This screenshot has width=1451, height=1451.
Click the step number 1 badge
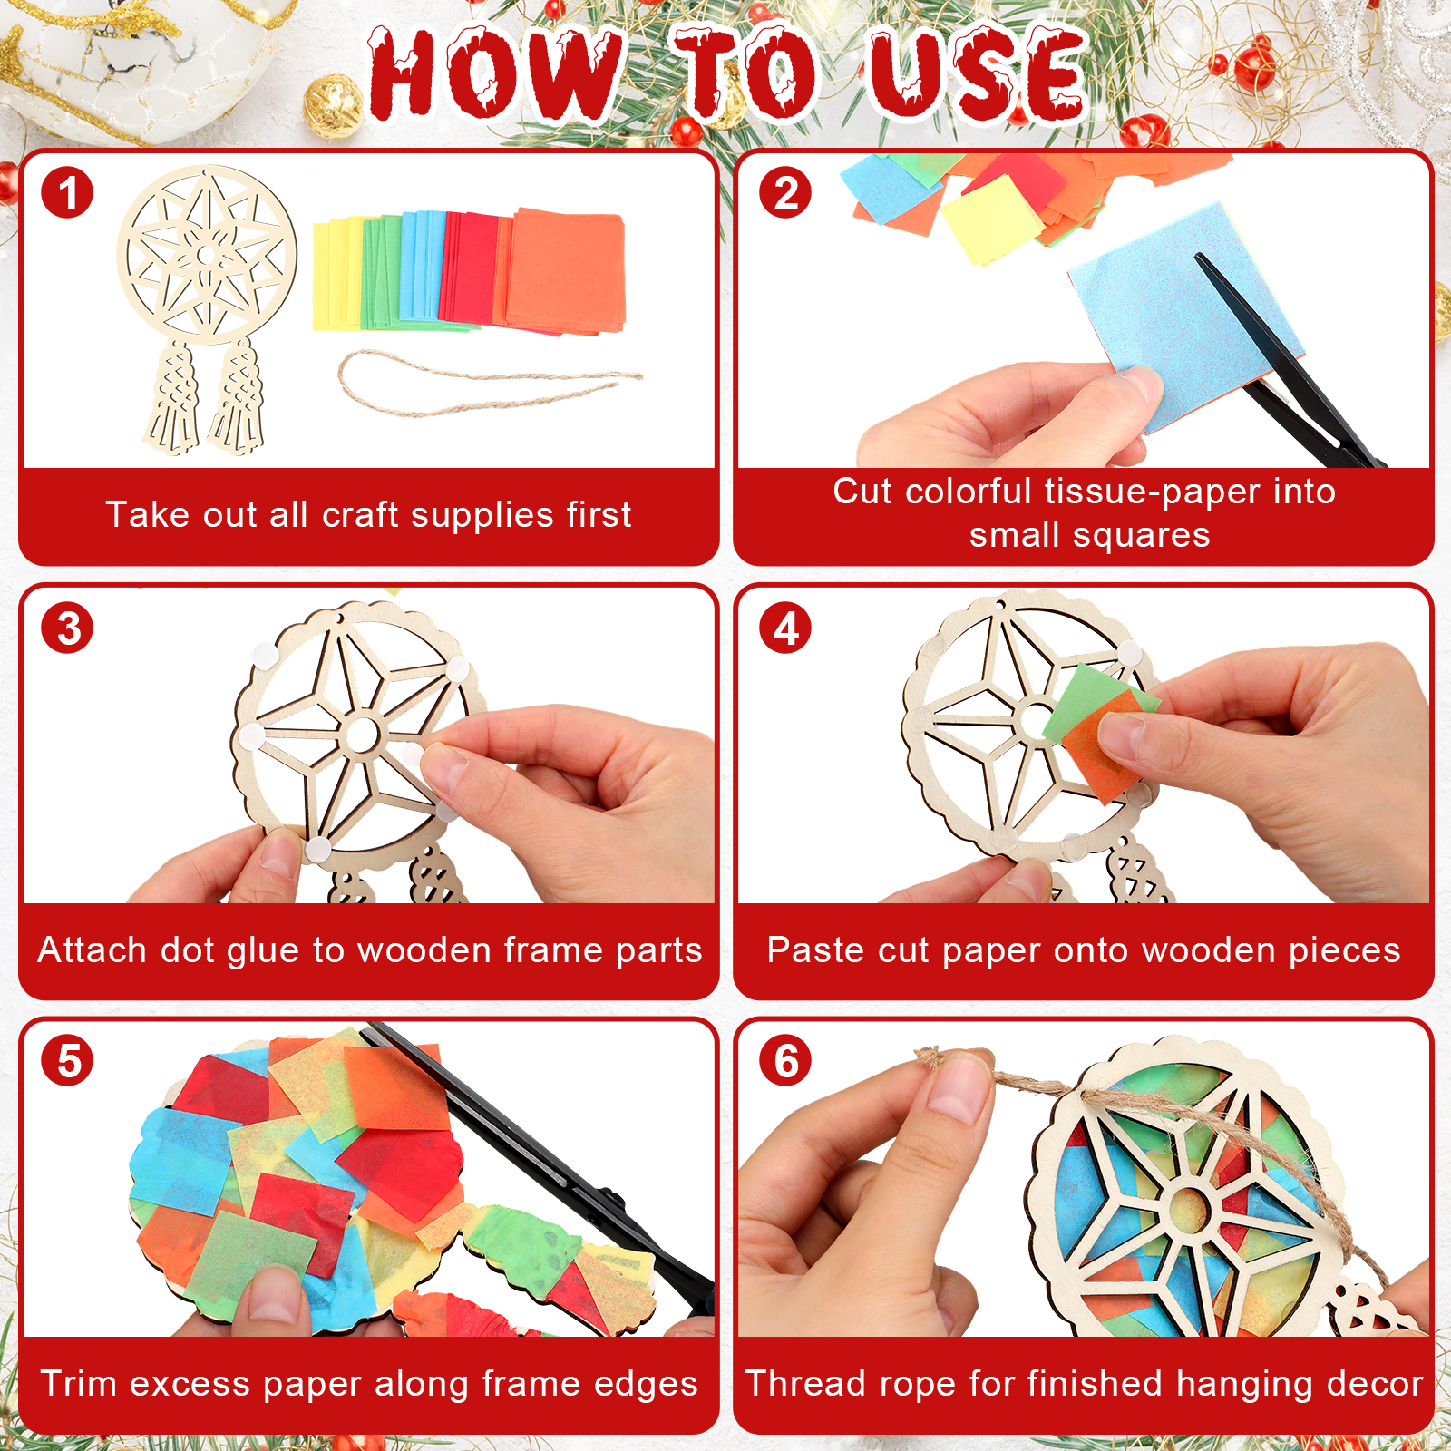click(67, 192)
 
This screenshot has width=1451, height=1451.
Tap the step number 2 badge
click(785, 192)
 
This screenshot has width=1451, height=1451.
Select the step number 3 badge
click(67, 628)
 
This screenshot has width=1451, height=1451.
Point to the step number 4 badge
click(785, 628)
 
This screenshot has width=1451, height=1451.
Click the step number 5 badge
click(67, 1060)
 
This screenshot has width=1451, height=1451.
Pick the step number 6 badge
click(785, 1060)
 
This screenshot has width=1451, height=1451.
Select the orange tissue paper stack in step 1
click(564, 270)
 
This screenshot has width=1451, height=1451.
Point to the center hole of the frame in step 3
click(361, 735)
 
